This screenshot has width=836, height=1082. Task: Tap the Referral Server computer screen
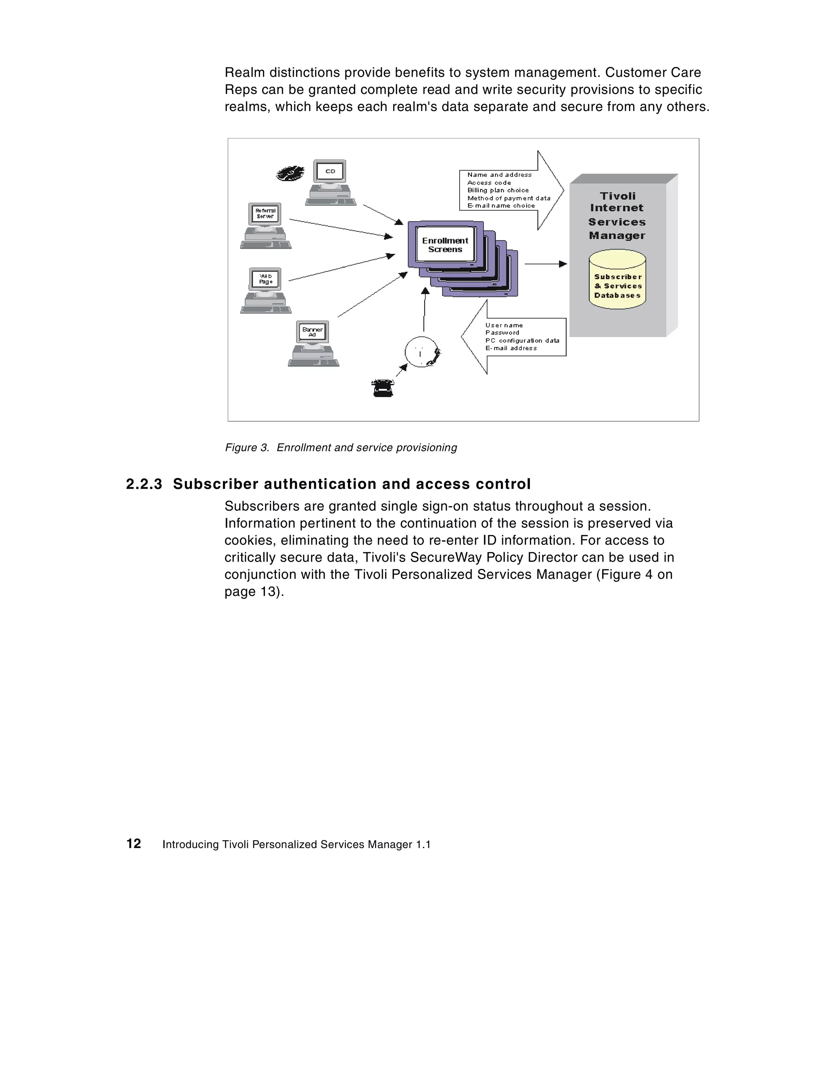(265, 213)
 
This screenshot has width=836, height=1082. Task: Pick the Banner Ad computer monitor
(312, 332)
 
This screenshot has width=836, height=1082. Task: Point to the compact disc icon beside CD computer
(290, 173)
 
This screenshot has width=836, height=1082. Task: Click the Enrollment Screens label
(445, 245)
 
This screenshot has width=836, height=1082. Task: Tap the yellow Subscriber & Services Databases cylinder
(617, 280)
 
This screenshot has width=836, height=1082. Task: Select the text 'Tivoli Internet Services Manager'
(617, 216)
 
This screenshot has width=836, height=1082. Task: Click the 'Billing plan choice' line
(498, 190)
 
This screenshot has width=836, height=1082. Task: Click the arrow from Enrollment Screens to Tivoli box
(545, 264)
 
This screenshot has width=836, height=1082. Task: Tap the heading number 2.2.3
(144, 484)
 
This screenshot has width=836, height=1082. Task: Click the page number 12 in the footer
(134, 844)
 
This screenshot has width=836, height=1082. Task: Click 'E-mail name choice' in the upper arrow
(500, 206)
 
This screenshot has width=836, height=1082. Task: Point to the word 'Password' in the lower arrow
(502, 332)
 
